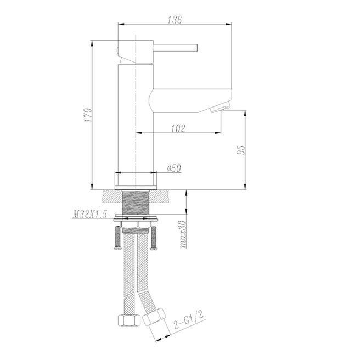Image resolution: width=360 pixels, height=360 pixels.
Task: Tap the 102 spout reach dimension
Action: (x=178, y=128)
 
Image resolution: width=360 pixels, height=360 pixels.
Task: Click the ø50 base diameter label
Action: (x=173, y=169)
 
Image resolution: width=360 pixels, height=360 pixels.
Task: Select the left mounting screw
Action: (x=116, y=237)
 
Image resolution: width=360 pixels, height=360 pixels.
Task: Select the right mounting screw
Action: (x=154, y=237)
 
